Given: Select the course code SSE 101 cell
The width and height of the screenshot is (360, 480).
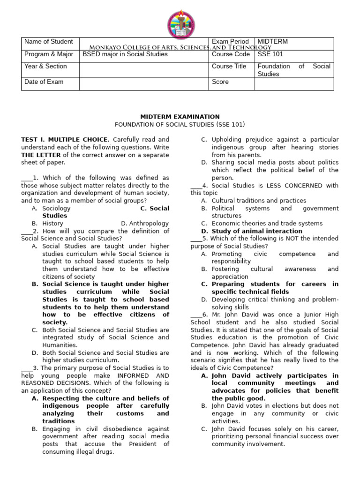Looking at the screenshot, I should point(270,54).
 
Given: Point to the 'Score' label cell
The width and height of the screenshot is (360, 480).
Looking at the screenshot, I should point(220,82).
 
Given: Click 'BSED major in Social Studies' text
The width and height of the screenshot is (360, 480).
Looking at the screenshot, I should point(125,54).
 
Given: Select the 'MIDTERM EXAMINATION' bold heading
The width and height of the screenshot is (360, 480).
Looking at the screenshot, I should point(180,117).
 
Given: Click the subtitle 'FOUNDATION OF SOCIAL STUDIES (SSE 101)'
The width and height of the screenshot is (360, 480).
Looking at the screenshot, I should point(180,124).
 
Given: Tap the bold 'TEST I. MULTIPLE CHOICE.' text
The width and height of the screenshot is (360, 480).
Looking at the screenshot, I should point(66,140).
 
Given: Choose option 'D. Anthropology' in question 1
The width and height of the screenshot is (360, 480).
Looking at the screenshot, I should point(145,224).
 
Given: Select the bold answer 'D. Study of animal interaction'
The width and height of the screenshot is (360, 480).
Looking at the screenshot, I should point(257,231).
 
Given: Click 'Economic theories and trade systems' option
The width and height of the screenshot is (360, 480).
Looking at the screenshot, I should point(267,224).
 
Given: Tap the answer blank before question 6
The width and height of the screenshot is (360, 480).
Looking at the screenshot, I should point(196,314).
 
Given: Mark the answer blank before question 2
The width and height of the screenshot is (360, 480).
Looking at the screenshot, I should point(26,231).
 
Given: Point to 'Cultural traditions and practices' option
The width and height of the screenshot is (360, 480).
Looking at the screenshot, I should point(259,201).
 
